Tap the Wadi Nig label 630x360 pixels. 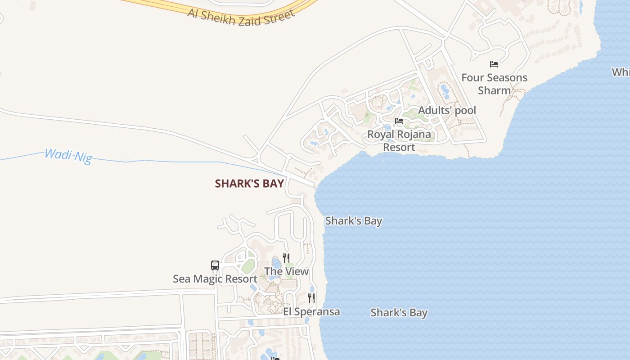[x=68, y=156]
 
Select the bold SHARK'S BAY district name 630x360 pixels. [x=249, y=184]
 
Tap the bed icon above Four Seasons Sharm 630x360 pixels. [x=494, y=64]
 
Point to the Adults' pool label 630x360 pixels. [x=447, y=110]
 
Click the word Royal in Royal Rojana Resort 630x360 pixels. [x=381, y=134]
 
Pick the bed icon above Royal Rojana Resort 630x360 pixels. [x=399, y=121]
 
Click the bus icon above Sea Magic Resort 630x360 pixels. [x=215, y=265]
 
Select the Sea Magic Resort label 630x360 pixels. [x=215, y=279]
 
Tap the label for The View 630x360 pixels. [x=286, y=271]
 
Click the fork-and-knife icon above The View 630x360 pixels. [x=286, y=258]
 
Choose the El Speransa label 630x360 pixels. [x=311, y=312]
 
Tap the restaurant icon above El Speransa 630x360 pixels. [x=311, y=298]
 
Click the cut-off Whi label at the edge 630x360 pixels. [x=621, y=72]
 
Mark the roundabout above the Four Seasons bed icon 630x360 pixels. [x=474, y=55]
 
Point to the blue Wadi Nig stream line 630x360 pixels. [x=180, y=161]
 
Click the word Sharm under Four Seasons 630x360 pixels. [x=494, y=90]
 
